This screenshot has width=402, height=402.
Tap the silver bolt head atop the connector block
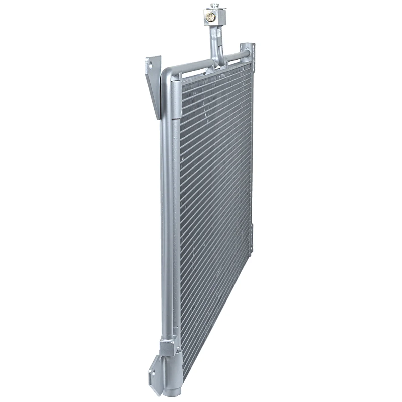(213, 5)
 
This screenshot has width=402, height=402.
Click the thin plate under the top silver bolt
(213, 9)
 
